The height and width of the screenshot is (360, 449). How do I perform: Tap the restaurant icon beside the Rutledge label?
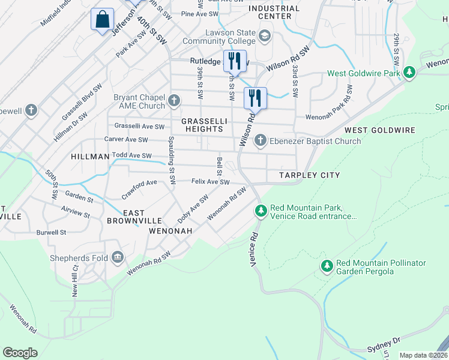[234, 61]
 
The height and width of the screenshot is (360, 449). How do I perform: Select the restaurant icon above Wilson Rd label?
[255, 98]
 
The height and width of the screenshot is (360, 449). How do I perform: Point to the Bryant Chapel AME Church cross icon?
[174, 100]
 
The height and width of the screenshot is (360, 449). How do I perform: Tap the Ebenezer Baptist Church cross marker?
[260, 141]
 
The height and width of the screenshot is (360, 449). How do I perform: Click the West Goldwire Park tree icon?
[409, 73]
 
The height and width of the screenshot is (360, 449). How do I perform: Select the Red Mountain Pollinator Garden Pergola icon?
[327, 266]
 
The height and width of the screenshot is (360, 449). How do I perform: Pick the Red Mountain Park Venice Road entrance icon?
[261, 211]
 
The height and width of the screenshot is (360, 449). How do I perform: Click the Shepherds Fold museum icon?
[118, 258]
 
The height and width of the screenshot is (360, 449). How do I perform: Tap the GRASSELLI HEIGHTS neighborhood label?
[204, 125]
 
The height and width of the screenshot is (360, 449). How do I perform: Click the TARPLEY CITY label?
[310, 175]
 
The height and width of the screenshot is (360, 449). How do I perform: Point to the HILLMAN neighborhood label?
[90, 156]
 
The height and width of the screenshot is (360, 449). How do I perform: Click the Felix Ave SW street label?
[210, 182]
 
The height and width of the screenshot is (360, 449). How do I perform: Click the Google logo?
[20, 352]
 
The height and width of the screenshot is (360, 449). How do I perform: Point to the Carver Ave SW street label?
[126, 140]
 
